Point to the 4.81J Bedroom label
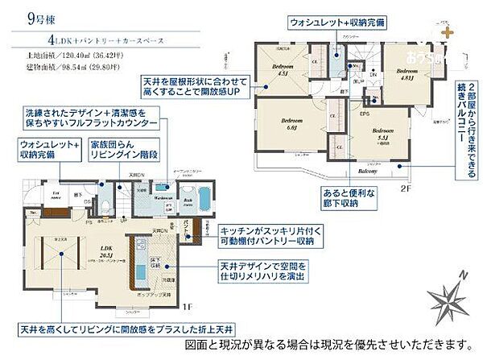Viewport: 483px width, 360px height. (x=406, y=74)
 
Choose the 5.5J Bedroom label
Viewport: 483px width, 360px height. (x=382, y=134)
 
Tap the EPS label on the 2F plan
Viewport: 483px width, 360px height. (x=364, y=114)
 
